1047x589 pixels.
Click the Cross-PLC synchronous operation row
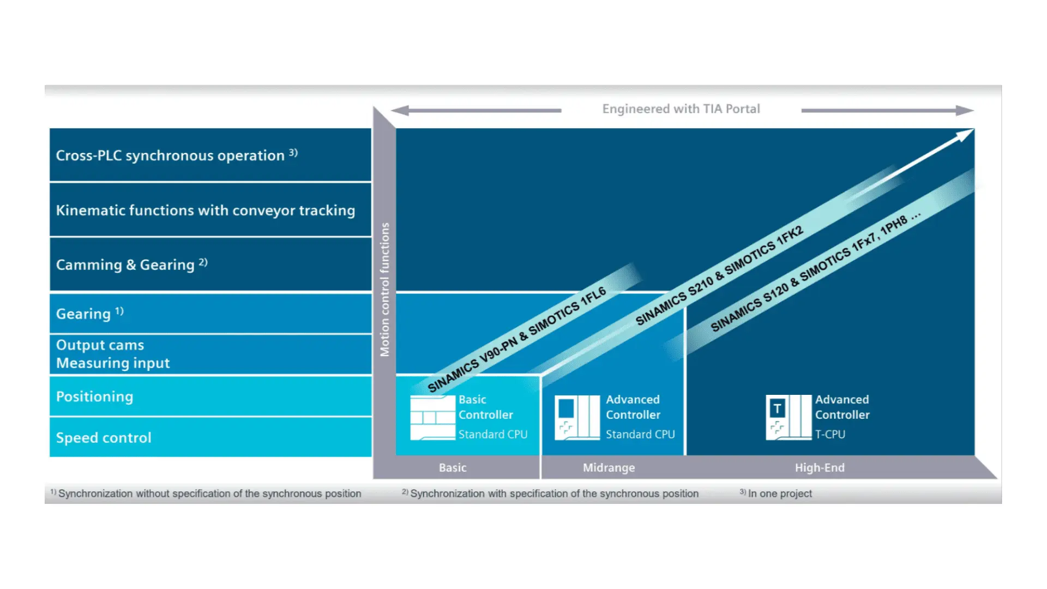point(210,155)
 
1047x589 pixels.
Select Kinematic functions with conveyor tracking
point(210,210)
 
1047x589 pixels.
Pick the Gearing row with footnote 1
point(210,314)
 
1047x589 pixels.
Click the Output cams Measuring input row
point(210,354)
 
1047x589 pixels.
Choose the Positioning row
point(210,396)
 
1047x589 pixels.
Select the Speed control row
point(210,437)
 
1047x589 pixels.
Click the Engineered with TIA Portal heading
point(681,109)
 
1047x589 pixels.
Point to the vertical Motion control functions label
point(385,290)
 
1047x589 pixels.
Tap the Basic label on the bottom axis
point(453,467)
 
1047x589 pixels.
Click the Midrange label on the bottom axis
point(609,467)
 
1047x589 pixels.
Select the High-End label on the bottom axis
point(820,467)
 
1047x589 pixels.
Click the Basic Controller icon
point(432,417)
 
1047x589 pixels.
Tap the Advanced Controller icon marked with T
point(789,417)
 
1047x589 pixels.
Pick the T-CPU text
point(830,434)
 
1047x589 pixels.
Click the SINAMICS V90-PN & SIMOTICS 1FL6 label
point(516,339)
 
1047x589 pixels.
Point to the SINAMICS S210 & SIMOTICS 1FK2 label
point(719,275)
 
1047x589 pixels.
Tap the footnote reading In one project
point(780,494)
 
